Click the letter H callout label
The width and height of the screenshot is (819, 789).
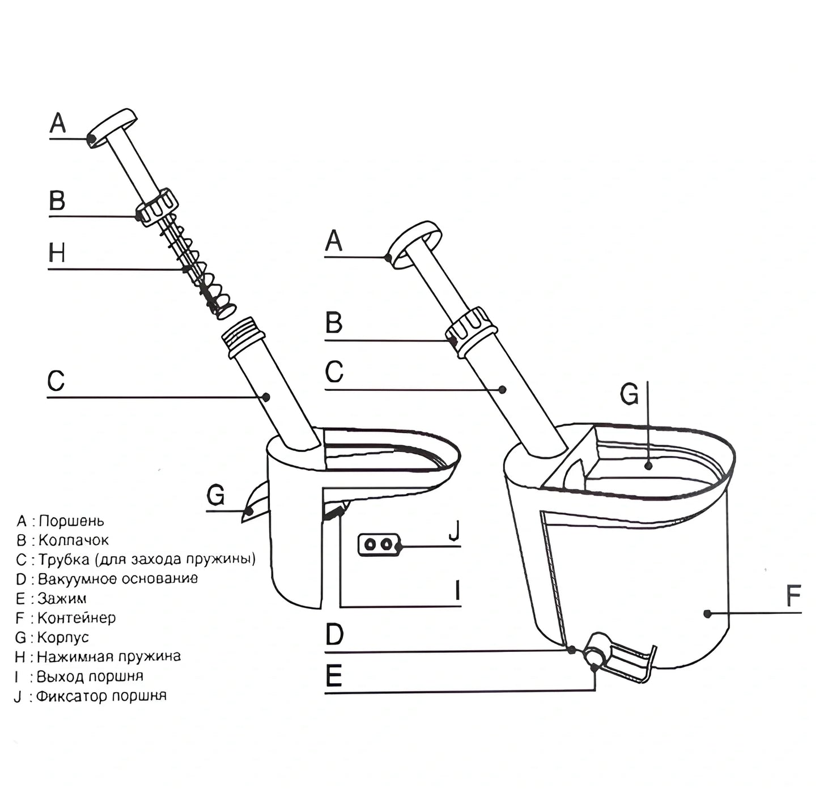click(x=57, y=253)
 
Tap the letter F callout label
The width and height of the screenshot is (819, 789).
click(x=793, y=596)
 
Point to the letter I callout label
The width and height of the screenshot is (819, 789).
click(x=457, y=591)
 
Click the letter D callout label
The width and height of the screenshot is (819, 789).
click(x=334, y=635)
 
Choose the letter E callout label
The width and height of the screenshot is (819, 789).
click(x=334, y=676)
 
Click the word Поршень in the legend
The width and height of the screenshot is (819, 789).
click(x=71, y=521)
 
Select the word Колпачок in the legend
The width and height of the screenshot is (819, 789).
click(x=74, y=540)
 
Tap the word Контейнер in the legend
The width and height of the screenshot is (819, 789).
click(x=77, y=617)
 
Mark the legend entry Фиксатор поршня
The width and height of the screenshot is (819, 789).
click(x=101, y=696)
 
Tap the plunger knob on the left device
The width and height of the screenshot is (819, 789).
click(x=113, y=127)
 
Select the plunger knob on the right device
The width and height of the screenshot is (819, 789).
click(x=415, y=244)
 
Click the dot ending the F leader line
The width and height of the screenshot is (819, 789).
click(x=707, y=613)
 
